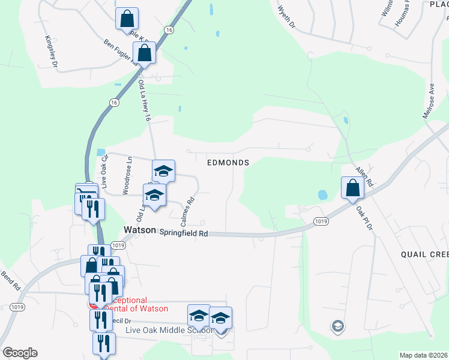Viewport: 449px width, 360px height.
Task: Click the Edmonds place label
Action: click(228, 163)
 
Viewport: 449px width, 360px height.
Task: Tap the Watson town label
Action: click(140, 230)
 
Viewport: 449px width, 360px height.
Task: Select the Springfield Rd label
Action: click(183, 233)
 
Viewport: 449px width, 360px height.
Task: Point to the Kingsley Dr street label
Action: click(51, 50)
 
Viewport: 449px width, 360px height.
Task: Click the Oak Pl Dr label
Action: click(364, 219)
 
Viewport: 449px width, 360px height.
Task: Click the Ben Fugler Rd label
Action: click(119, 52)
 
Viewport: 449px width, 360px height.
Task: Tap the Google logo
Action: click(20, 353)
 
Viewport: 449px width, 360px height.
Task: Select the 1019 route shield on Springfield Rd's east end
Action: click(320, 222)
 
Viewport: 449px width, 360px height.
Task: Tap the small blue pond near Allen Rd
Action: click(323, 195)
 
